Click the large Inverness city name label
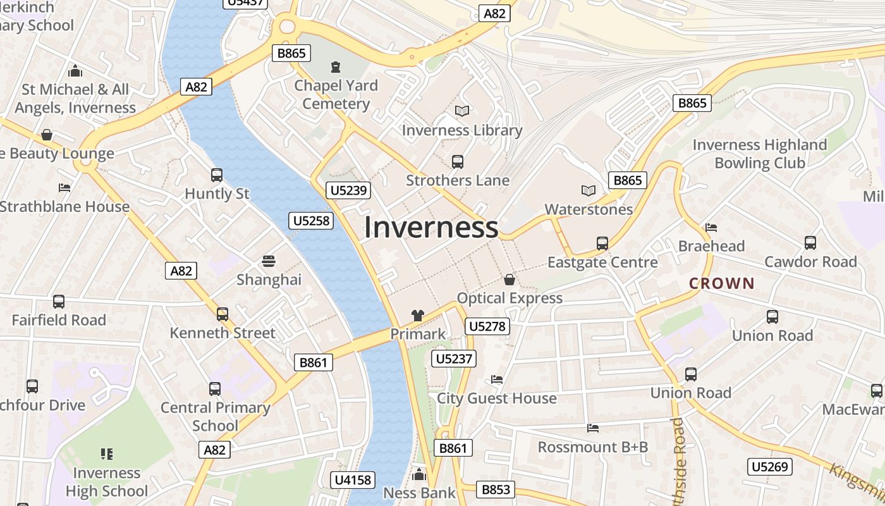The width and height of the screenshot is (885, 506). [431, 228]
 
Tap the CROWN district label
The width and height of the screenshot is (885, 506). [722, 283]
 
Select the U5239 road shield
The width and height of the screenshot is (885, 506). [349, 190]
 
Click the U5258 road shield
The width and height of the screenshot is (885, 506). [311, 220]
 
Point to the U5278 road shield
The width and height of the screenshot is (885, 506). [487, 326]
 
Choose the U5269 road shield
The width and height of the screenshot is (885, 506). [769, 467]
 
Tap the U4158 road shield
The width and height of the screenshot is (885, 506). [353, 480]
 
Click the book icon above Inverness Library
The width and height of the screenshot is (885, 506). [462, 111]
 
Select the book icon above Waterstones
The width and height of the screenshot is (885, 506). [589, 190]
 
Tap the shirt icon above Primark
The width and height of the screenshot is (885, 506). [417, 316]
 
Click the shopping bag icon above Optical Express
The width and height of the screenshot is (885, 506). [510, 280]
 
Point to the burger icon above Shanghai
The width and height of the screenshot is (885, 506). [269, 261]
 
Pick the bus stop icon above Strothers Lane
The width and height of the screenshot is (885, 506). [458, 162]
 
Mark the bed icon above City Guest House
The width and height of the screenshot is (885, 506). [497, 379]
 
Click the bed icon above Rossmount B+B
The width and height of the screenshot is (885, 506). [593, 428]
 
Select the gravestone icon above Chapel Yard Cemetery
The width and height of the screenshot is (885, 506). [336, 67]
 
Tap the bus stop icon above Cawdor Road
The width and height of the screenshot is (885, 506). [810, 243]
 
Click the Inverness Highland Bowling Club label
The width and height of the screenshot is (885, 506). [760, 154]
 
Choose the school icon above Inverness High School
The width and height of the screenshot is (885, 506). [107, 454]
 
